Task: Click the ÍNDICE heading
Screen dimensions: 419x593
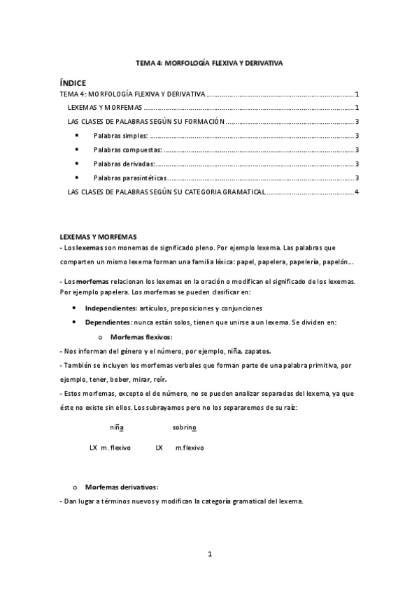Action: (x=73, y=83)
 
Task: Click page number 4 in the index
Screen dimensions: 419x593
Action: (x=357, y=192)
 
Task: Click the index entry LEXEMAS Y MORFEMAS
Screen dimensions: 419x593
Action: (x=106, y=108)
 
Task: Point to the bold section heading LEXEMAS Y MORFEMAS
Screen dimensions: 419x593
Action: (x=98, y=238)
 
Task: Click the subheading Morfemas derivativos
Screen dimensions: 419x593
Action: (x=122, y=487)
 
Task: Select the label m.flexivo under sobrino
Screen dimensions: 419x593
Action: (x=190, y=447)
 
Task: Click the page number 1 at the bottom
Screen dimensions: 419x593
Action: (x=209, y=555)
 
